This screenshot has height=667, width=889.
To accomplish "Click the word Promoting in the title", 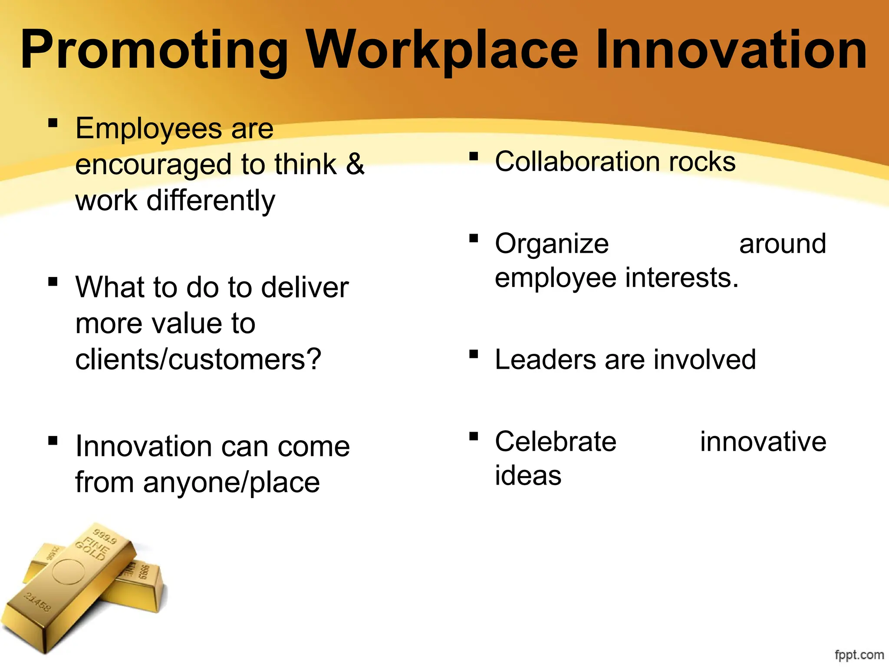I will [x=154, y=50].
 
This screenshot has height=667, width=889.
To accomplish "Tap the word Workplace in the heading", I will [x=442, y=50].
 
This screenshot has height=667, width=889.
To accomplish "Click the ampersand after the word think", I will [x=355, y=164].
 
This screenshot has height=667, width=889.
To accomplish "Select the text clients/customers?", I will [x=198, y=360].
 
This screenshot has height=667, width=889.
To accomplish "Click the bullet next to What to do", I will [x=53, y=282].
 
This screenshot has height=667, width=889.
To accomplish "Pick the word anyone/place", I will [x=231, y=482].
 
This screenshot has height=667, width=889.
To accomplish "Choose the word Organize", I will [x=552, y=244].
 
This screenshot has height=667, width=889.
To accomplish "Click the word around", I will [x=782, y=244].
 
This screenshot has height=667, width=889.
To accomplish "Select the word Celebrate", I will [x=556, y=442].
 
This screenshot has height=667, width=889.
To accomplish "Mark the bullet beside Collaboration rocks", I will [x=474, y=156].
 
